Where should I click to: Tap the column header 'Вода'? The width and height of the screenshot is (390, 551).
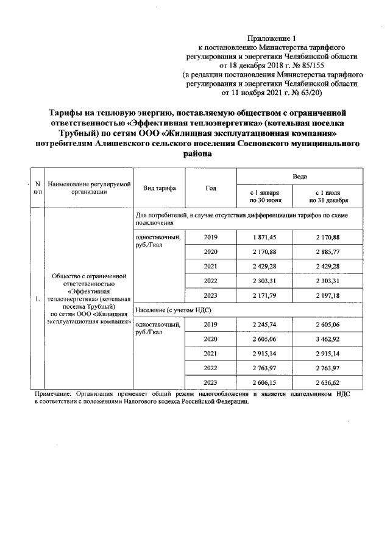[299, 175]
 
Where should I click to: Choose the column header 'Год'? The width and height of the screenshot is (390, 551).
[210, 188]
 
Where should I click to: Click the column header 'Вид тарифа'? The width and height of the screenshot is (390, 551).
[159, 188]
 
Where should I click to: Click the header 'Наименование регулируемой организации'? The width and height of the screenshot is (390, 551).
[90, 188]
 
